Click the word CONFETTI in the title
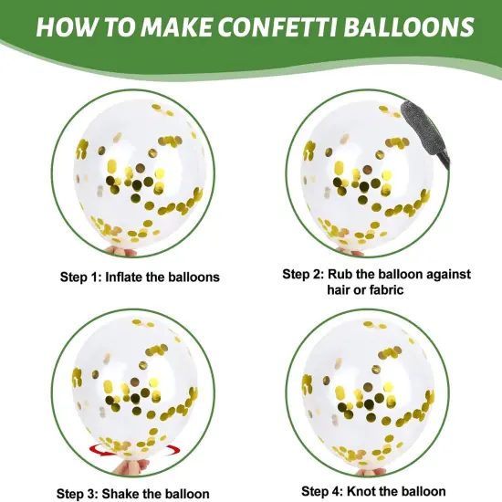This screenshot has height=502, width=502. (277, 26)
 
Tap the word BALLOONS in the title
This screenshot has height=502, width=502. (409, 26)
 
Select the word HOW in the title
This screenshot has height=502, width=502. (68, 26)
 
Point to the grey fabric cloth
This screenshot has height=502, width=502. (424, 132)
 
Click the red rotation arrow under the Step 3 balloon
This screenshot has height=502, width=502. (134, 450)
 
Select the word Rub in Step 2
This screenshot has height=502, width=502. (340, 275)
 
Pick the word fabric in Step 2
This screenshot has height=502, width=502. (387, 289)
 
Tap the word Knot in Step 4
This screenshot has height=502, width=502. (360, 491)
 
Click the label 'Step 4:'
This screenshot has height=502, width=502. (322, 491)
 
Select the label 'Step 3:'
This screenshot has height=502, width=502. (78, 494)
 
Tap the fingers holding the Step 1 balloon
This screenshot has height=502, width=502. (120, 251)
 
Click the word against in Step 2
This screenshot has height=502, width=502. (448, 275)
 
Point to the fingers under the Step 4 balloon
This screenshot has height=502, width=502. (371, 471)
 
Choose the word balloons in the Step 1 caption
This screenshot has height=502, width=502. (194, 277)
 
